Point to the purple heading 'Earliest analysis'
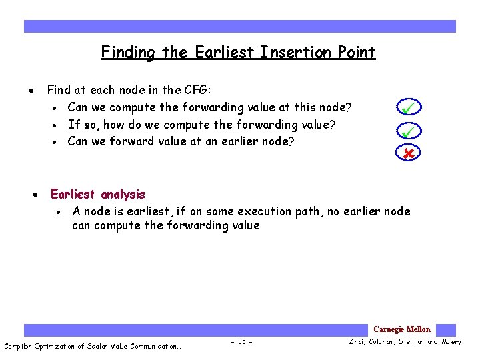pyautogui.click(x=98, y=195)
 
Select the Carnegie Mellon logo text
pyautogui.click(x=401, y=329)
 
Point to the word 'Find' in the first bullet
pyautogui.click(x=59, y=90)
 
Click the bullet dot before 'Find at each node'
pyautogui.click(x=32, y=91)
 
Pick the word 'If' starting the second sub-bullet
pyautogui.click(x=73, y=125)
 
